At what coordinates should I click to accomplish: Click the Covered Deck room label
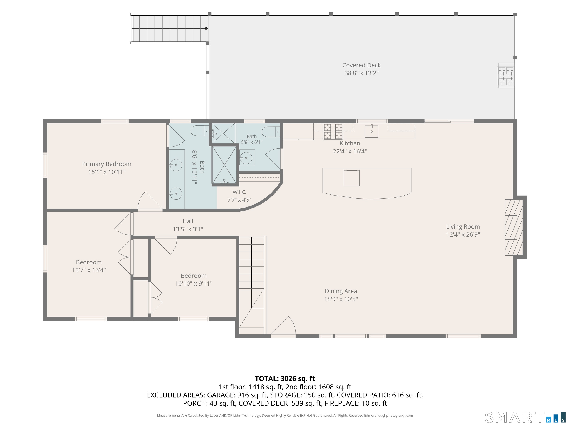361,65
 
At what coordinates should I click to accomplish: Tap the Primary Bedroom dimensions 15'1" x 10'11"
107,172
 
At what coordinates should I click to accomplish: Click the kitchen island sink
351,178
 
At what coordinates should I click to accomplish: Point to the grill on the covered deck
506,76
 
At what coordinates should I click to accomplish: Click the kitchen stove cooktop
333,132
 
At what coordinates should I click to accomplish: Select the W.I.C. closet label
239,192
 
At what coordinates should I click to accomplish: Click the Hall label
188,221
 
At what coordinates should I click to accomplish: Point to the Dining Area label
341,291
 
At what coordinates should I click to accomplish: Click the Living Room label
463,227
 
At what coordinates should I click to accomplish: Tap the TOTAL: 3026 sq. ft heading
285,378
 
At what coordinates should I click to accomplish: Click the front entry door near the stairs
283,327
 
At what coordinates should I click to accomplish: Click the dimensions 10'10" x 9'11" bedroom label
194,284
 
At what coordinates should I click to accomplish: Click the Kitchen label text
350,143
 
